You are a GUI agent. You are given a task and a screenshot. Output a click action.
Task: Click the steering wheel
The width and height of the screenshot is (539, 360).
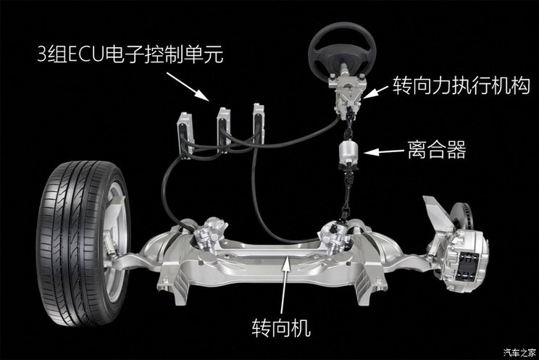point(342,51)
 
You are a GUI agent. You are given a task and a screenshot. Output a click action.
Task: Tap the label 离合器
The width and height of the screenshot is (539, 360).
point(437,150)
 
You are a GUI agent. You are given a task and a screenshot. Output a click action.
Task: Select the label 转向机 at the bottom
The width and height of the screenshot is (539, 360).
point(281,327)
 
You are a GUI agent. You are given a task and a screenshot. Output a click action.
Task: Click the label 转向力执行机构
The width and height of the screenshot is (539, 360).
point(461,85)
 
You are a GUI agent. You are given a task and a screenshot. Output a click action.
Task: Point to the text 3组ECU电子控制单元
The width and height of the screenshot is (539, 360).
point(130,54)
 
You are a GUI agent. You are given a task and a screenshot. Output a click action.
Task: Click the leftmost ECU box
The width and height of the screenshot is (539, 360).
point(185,134)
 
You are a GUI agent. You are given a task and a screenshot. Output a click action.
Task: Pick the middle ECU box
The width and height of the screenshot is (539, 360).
point(224,130)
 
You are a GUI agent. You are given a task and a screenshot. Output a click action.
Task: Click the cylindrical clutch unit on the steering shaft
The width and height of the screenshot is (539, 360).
point(349,154)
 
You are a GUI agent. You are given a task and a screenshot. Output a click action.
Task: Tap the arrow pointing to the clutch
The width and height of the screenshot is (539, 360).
point(384,151)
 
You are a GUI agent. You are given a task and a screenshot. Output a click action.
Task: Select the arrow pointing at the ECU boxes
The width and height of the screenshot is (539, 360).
point(188,87)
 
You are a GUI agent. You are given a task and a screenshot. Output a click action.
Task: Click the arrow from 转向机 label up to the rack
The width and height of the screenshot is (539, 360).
point(283,287)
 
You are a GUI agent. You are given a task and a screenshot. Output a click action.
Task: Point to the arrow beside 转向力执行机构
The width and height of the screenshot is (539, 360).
point(376,91)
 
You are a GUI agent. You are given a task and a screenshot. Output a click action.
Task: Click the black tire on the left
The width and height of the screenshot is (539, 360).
point(83,243)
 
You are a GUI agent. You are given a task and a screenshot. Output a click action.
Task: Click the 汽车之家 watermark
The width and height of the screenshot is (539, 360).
point(519,353)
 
